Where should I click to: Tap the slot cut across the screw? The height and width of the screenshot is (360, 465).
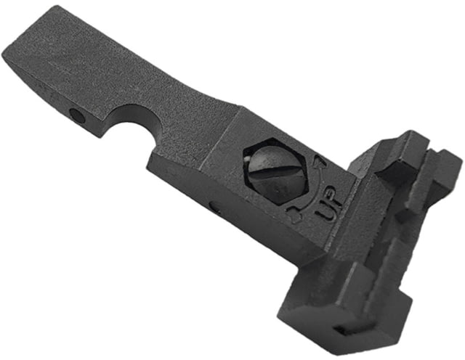pyautogui.click(x=277, y=171)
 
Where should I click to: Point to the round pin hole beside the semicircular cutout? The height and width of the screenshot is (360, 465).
pyautogui.click(x=78, y=115)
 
